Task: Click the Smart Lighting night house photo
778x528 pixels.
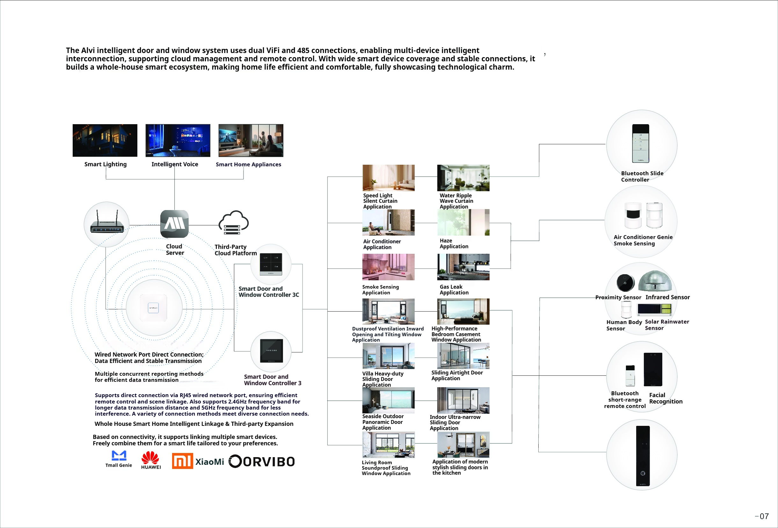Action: pyautogui.click(x=105, y=140)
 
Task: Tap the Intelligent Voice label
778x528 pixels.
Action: pyautogui.click(x=175, y=164)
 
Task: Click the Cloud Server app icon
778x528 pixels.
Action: pyautogui.click(x=174, y=223)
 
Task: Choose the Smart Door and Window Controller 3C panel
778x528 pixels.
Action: pyautogui.click(x=271, y=264)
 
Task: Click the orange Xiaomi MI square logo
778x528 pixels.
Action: pyautogui.click(x=182, y=461)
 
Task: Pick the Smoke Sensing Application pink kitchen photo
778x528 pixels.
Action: pyautogui.click(x=388, y=267)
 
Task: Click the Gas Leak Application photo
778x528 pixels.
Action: pyautogui.click(x=463, y=267)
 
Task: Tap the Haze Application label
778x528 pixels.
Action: pyautogui.click(x=454, y=243)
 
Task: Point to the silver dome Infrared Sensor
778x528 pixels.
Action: pyautogui.click(x=655, y=281)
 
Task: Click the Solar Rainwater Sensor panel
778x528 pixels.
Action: pyautogui.click(x=654, y=309)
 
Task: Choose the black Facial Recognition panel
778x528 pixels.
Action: pyautogui.click(x=653, y=369)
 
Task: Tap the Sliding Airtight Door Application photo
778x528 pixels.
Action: pyautogui.click(x=463, y=356)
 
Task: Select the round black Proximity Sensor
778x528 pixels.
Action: pyautogui.click(x=625, y=283)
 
